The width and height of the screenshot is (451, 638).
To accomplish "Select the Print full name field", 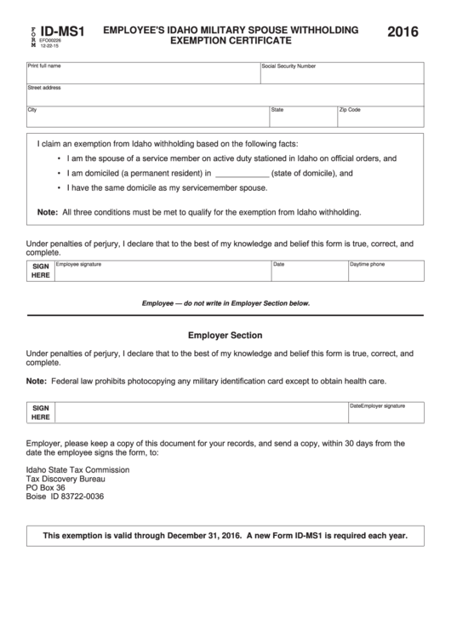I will point(142,72).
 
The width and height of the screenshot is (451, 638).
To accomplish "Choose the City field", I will point(146,117).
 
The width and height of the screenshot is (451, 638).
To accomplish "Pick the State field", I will point(301,117).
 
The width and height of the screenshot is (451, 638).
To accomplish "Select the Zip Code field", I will point(380,117).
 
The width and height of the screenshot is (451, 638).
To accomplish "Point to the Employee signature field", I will point(162,271).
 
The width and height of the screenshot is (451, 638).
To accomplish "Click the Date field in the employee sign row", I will point(308,271).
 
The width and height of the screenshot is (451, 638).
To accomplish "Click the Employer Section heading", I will point(225,336).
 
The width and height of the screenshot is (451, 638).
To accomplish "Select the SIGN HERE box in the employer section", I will point(41,413).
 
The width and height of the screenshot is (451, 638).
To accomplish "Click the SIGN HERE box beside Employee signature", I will point(41,271).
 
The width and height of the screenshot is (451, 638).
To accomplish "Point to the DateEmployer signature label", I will point(377,406).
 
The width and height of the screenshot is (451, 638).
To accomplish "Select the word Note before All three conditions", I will point(47,212).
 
